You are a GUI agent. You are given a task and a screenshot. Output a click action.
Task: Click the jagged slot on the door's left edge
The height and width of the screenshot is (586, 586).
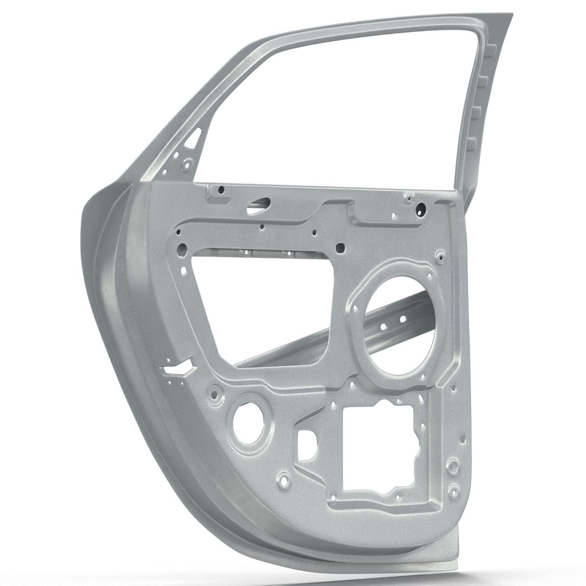[178, 370]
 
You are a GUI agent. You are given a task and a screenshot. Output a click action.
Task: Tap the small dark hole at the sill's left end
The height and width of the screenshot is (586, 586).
[221, 190]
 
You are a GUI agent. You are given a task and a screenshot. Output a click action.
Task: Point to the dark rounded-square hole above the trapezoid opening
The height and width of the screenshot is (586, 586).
[340, 249]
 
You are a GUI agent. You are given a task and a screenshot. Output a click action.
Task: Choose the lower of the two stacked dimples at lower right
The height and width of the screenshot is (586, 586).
[452, 480]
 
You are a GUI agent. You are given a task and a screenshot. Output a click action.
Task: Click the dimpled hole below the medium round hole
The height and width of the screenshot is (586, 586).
[283, 480]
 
